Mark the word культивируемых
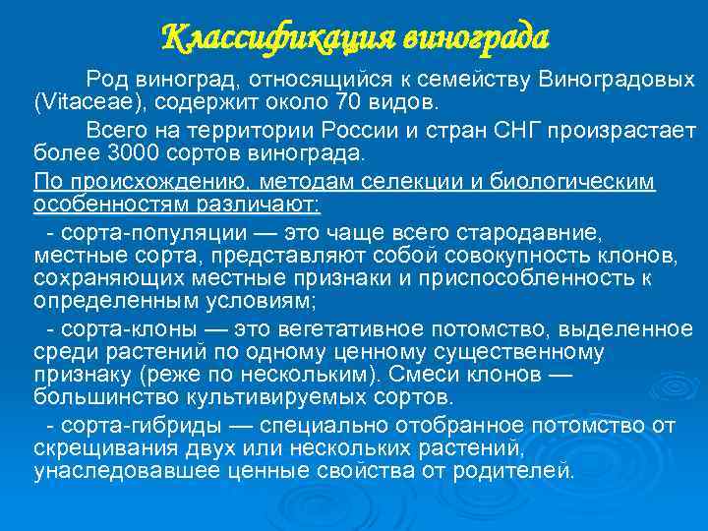(270, 398)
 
